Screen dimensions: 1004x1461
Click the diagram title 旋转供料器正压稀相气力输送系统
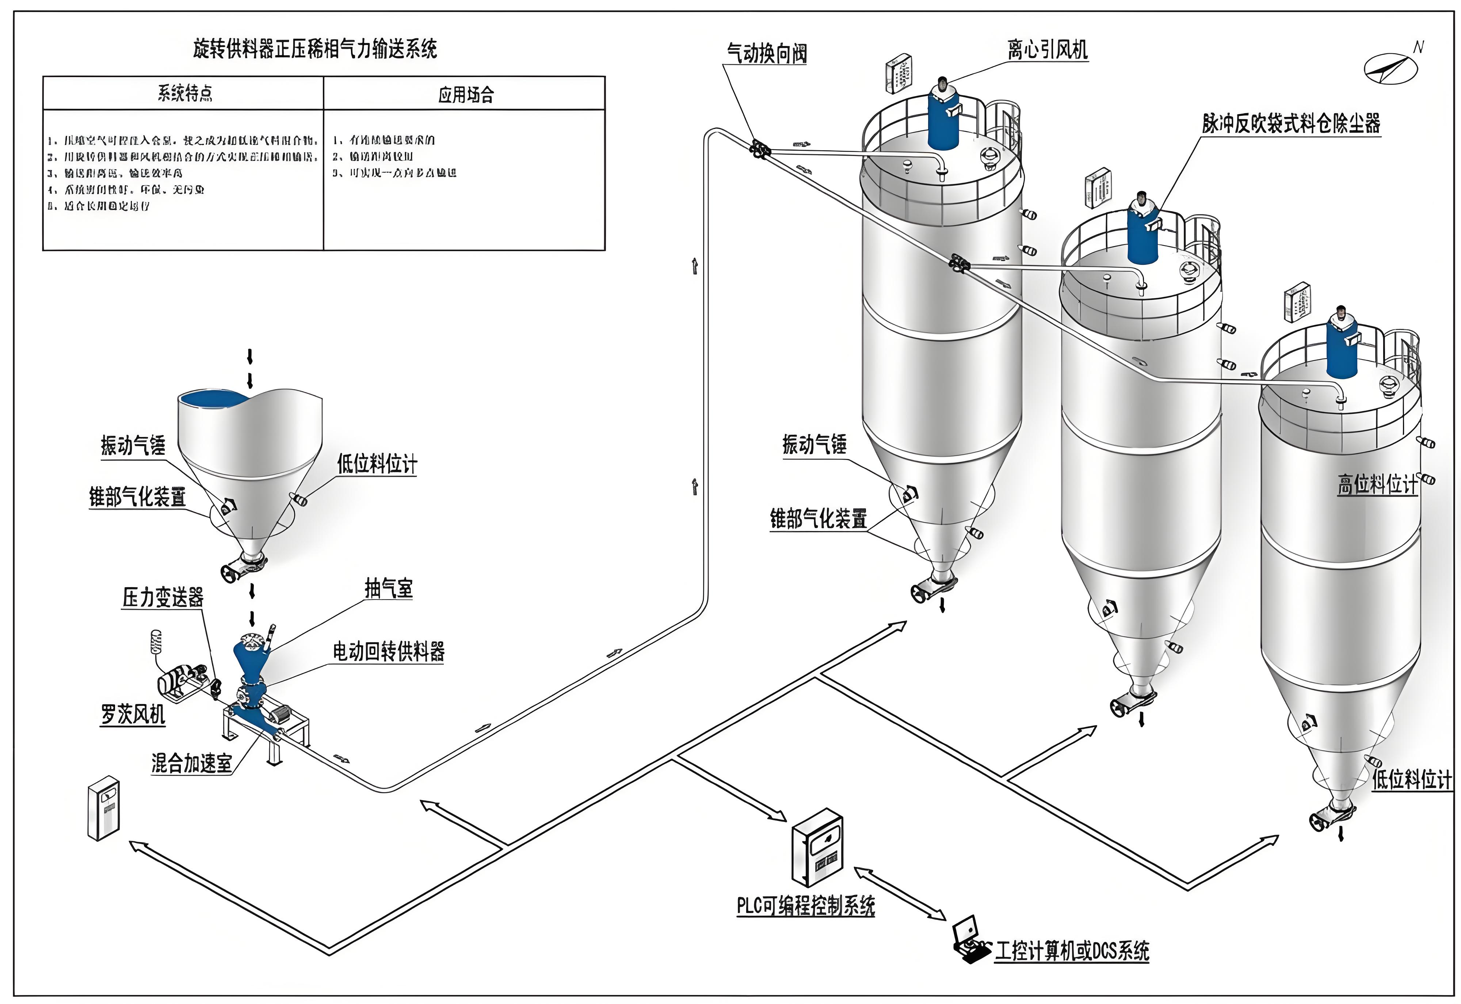(314, 49)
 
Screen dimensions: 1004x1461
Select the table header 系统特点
(185, 94)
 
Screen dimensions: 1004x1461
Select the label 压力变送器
(163, 597)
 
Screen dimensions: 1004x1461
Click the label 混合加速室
(191, 763)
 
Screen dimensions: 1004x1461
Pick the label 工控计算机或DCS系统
(1072, 951)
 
